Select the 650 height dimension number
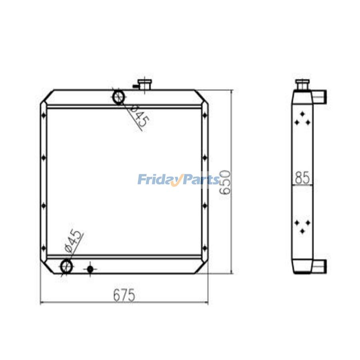225,182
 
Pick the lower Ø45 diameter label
74,242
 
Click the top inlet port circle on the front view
118,97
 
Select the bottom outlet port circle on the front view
66,266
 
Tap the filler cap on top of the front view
144,84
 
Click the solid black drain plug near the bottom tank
90,269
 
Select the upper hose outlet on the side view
320,96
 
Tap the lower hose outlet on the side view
320,266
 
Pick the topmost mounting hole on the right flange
205,116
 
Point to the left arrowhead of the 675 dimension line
42,304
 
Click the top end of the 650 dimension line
231,91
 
